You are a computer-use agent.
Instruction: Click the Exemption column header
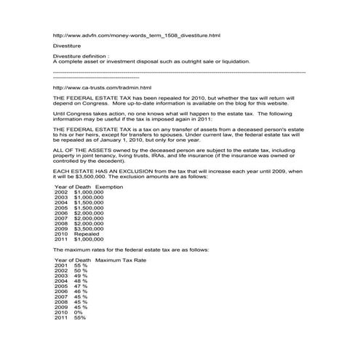coord(99,187)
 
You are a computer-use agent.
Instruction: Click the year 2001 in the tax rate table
coord(61,265)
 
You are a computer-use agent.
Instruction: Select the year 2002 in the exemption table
coord(61,192)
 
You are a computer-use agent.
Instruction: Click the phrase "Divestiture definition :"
coord(81,55)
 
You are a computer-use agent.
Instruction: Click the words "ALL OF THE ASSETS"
coord(76,149)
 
